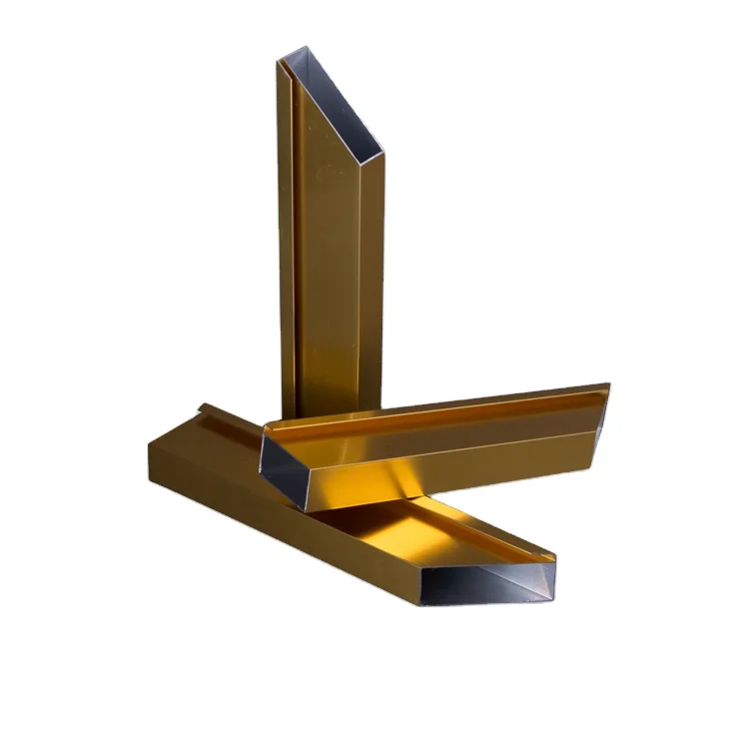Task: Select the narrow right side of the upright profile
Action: pos(372,280)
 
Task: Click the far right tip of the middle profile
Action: pos(609,384)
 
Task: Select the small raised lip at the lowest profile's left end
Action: pos(205,406)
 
